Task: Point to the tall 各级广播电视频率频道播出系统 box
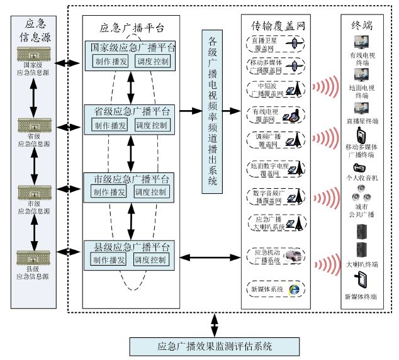click(x=213, y=111)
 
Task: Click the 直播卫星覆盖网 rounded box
click(x=275, y=42)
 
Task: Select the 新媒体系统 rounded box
click(x=275, y=289)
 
